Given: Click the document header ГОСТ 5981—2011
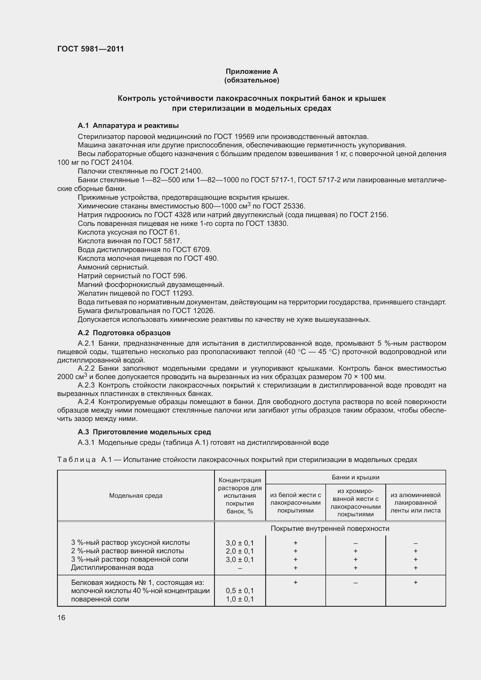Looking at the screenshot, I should pos(90,49).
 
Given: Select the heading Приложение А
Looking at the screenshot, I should pos(252,72).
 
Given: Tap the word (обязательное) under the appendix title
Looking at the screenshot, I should pos(252,80).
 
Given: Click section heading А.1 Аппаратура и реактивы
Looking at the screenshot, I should pos(128,126).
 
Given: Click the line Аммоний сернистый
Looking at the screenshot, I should pos(113,267).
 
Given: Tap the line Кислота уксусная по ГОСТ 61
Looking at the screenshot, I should pos(129,232).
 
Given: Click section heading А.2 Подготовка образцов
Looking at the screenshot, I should pos(124,333).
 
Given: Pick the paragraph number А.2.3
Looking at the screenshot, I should pos(86,385).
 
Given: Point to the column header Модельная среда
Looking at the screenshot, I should pos(136,495).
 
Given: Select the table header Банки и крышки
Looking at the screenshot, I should pos(355,477).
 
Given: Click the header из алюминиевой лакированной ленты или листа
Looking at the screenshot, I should pos(415,503).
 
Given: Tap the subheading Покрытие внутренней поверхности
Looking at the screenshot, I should pos(330,528).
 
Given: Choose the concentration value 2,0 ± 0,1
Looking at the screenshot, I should pos(240,551).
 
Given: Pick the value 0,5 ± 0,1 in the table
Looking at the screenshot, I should pos(240,590).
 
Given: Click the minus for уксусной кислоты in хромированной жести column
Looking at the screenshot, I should pos(355,543).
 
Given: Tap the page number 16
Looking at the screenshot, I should pos(61,617).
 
